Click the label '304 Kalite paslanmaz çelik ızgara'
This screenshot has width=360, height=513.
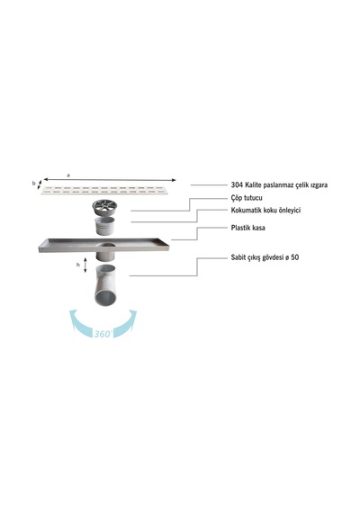pyautogui.click(x=279, y=185)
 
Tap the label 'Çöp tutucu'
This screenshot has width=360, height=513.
pyautogui.click(x=247, y=198)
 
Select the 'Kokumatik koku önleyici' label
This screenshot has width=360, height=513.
pyautogui.click(x=265, y=211)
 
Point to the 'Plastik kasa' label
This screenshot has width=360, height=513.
pyautogui.click(x=247, y=228)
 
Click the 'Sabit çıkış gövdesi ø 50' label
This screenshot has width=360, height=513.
pyautogui.click(x=265, y=257)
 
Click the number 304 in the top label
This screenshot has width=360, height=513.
pyautogui.click(x=237, y=185)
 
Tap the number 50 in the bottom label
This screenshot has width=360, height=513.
pyautogui.click(x=294, y=257)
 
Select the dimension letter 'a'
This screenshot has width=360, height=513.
pyautogui.click(x=68, y=175)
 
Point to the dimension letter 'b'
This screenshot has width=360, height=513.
pyautogui.click(x=33, y=184)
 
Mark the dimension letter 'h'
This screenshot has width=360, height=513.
pyautogui.click(x=78, y=265)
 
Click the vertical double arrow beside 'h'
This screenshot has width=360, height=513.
pyautogui.click(x=85, y=265)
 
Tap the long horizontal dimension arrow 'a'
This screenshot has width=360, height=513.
pyautogui.click(x=110, y=180)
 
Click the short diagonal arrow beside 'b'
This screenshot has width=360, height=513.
pyautogui.click(x=40, y=184)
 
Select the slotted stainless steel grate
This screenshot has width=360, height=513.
pyautogui.click(x=104, y=190)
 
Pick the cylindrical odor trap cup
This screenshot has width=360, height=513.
pyautogui.click(x=105, y=225)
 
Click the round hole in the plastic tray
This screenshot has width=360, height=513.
pyautogui.click(x=105, y=245)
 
